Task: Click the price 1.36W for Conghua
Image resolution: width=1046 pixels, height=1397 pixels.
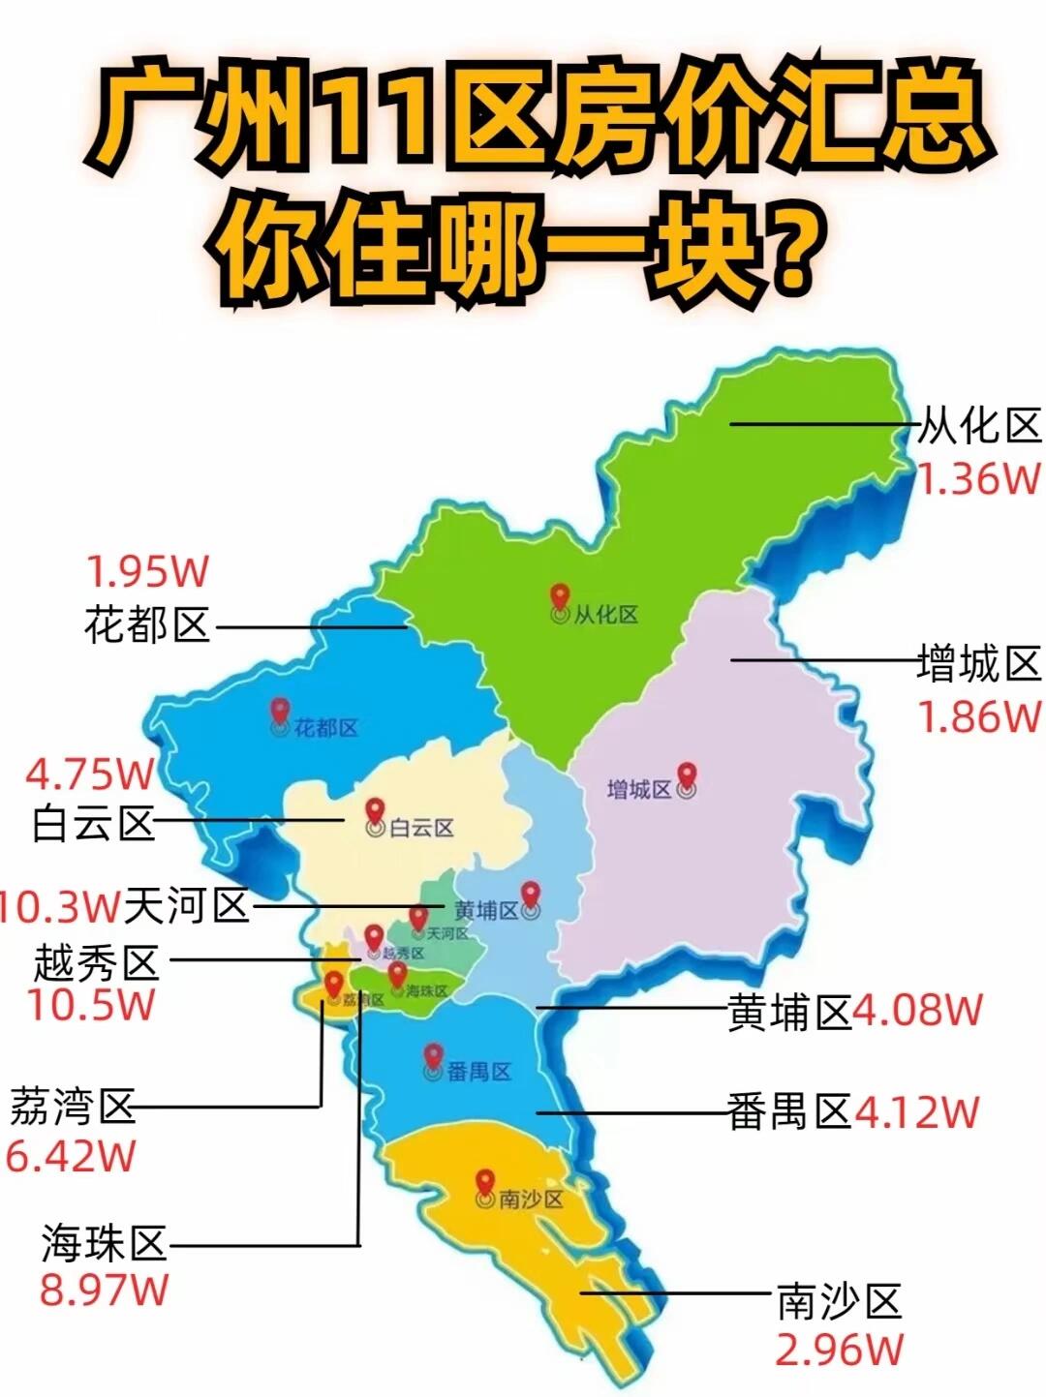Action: click(x=978, y=479)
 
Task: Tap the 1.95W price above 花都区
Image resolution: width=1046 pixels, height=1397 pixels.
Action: click(x=147, y=571)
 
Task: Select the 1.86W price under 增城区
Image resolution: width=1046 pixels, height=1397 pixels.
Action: click(x=978, y=717)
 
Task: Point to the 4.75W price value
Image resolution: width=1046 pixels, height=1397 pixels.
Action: click(x=89, y=774)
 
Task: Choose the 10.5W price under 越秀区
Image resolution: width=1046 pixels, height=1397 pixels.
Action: click(x=90, y=1005)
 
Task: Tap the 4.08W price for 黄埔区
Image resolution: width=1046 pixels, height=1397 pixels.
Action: click(x=917, y=1011)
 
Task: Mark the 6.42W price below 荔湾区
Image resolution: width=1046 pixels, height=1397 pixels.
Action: click(x=71, y=1156)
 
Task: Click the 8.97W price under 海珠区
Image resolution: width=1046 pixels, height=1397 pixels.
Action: click(x=104, y=1290)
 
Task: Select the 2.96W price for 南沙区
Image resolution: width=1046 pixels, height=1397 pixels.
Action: click(x=839, y=1350)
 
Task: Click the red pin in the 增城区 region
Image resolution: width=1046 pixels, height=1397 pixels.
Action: click(x=687, y=775)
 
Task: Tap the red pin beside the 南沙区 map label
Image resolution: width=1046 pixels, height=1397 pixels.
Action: click(x=485, y=1183)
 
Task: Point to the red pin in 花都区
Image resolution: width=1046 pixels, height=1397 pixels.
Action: click(x=280, y=712)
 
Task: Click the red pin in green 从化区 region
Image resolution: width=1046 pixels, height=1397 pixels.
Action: click(x=559, y=597)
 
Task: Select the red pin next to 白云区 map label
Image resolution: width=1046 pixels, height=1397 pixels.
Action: click(x=375, y=812)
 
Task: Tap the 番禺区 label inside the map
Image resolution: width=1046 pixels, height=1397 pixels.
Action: click(x=478, y=1072)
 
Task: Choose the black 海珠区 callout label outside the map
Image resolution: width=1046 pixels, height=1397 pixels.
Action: click(x=104, y=1243)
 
